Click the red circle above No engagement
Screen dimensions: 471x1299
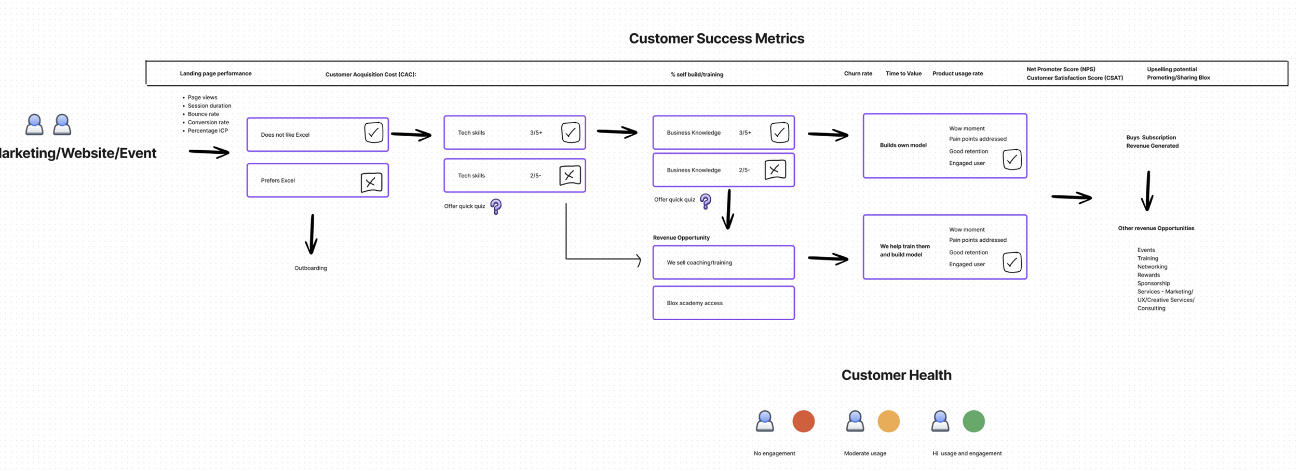click(x=803, y=421)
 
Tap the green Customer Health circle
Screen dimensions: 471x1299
click(x=973, y=421)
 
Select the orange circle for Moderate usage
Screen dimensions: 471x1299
click(x=888, y=421)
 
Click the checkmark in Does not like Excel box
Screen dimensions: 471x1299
click(x=373, y=133)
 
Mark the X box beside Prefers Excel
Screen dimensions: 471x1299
click(x=371, y=182)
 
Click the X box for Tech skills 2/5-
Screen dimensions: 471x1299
click(x=570, y=176)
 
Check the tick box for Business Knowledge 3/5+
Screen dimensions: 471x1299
click(x=779, y=133)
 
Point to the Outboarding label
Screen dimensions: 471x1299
click(x=310, y=268)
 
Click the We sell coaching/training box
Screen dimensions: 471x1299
click(x=723, y=263)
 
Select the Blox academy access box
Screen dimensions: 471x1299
click(x=723, y=303)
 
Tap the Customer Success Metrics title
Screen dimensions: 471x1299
click(x=716, y=38)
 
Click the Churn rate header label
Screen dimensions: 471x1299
click(x=858, y=74)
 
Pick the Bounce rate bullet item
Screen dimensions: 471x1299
click(x=203, y=114)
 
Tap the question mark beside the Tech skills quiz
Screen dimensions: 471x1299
click(x=496, y=206)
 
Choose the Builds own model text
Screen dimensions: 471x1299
click(x=903, y=146)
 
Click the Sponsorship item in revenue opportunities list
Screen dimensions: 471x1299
click(x=1153, y=284)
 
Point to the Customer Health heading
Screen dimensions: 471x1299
click(x=896, y=375)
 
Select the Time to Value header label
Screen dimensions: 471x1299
click(x=903, y=74)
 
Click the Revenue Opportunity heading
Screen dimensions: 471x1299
click(x=681, y=238)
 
